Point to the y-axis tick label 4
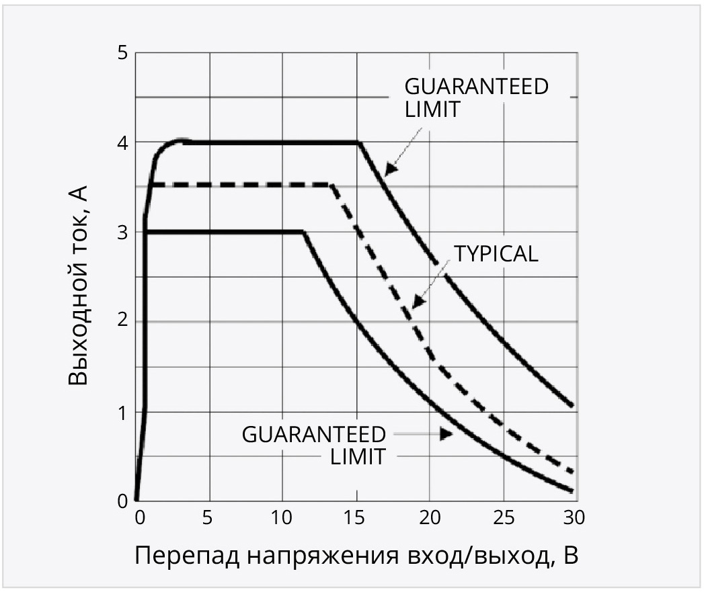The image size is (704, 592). click(x=122, y=142)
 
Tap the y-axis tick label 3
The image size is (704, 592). click(x=122, y=232)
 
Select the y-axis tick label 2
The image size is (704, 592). click(x=122, y=322)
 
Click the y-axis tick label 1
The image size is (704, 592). click(x=122, y=412)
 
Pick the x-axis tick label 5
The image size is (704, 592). click(x=209, y=518)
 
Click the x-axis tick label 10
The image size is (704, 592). click(x=282, y=518)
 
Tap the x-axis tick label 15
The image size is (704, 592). click(x=355, y=518)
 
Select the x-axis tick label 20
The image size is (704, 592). click(x=428, y=518)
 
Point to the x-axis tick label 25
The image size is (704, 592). click(x=502, y=518)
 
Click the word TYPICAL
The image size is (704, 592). click(x=496, y=254)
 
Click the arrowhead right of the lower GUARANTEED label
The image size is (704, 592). click(x=446, y=434)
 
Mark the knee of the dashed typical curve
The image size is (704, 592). click(x=331, y=185)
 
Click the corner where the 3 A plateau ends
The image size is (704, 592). click(x=304, y=232)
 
